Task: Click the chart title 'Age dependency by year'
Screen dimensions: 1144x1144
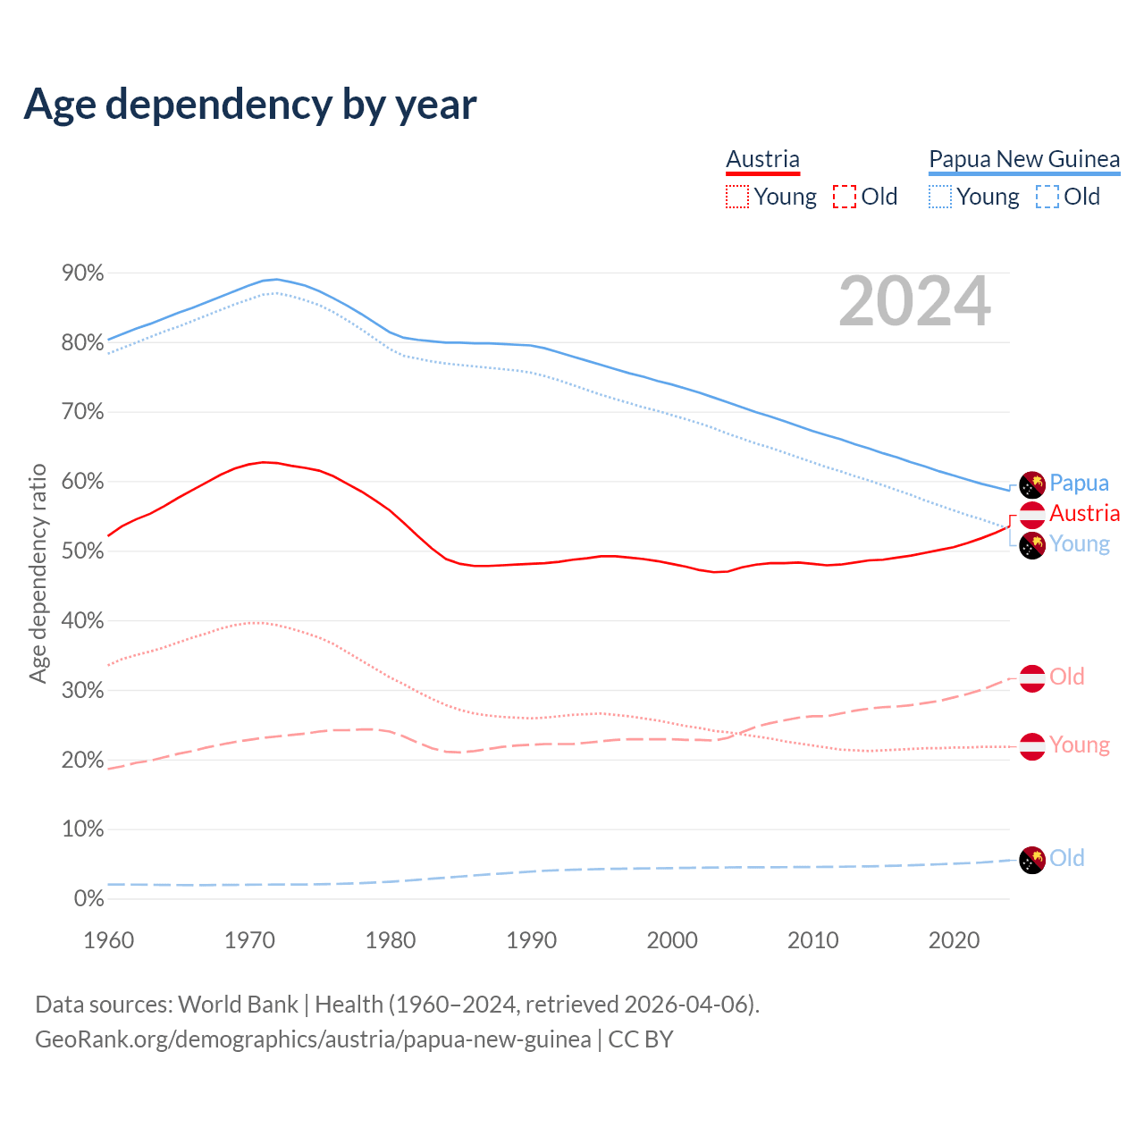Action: click(x=250, y=105)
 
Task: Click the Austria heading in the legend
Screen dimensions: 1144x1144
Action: click(x=762, y=159)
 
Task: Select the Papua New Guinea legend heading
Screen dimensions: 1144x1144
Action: click(x=1024, y=159)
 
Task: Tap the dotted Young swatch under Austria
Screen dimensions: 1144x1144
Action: click(x=737, y=197)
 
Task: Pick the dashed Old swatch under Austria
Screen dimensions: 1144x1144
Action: click(x=844, y=197)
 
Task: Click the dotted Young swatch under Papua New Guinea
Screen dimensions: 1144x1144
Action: click(x=940, y=197)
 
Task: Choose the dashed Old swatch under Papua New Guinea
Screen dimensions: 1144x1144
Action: click(x=1047, y=197)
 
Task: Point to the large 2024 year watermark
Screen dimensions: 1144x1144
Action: click(x=914, y=301)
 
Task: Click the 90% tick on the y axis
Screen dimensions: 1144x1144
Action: click(x=83, y=273)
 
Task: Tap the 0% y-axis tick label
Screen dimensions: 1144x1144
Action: click(x=88, y=898)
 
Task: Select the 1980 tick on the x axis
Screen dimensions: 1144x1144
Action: click(x=391, y=940)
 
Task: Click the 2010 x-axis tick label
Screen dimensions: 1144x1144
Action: click(x=812, y=940)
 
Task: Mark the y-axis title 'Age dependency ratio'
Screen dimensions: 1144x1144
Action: click(x=38, y=573)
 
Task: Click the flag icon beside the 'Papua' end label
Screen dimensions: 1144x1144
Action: click(x=1032, y=484)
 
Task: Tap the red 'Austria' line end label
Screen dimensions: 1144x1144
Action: click(x=1084, y=513)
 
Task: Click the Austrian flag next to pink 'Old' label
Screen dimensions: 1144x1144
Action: click(x=1032, y=678)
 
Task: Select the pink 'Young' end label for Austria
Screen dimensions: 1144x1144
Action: click(x=1079, y=744)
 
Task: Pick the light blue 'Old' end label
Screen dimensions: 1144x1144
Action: click(x=1066, y=858)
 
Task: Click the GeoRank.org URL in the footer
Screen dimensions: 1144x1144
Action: click(x=313, y=1039)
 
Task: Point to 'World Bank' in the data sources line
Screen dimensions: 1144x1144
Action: click(x=238, y=1005)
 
